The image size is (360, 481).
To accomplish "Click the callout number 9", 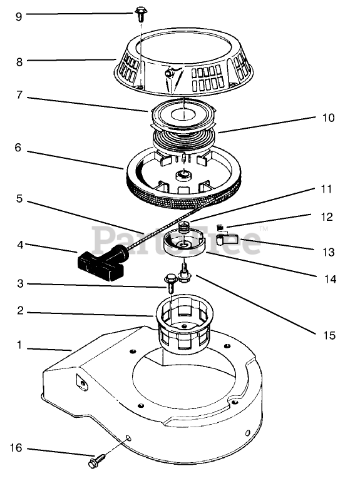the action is pos(19,16).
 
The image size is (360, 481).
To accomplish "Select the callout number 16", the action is pos(16,448).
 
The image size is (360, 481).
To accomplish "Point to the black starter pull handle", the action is pos(102,262).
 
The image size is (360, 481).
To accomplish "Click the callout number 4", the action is pos(20,245).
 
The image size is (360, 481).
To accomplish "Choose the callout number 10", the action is pos(328,118).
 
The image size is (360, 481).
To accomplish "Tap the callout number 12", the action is pos(327,217).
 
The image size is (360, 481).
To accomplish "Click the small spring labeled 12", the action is pos(220,228).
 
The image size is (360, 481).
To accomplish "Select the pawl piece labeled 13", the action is pos(228,239).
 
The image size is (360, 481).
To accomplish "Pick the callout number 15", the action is pos(329,335).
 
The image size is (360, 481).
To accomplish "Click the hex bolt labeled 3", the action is pos(170,283).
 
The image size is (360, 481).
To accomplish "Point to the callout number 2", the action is pos(20,311).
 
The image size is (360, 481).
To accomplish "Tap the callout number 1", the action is pos(19,345).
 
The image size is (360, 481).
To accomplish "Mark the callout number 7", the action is pos(19,95).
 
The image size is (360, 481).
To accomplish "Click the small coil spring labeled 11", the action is pos(183,228).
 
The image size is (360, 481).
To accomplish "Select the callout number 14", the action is pos(330,279).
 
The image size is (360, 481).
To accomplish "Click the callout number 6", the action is pos(18,148).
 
